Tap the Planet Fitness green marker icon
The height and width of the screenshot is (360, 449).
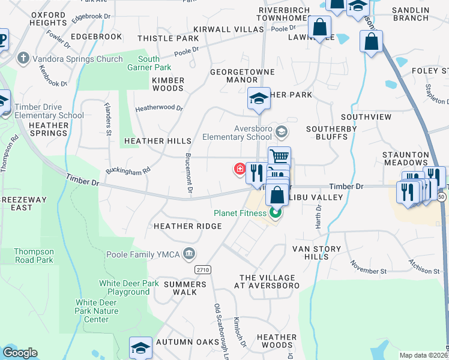tap(276, 213)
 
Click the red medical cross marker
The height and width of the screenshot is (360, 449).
tap(240, 169)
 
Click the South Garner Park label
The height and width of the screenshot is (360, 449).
tap(148, 63)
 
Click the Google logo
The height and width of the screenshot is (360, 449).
tap(20, 353)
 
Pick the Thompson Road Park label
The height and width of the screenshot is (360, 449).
tap(34, 256)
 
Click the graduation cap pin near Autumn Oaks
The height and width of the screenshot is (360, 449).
tap(140, 347)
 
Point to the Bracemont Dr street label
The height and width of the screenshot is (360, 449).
tap(188, 173)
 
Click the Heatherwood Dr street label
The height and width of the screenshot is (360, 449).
tap(159, 108)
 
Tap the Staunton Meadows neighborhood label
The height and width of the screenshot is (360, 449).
tap(406, 158)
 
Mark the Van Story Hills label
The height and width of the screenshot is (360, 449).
tap(316, 253)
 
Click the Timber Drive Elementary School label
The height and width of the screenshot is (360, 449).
tap(49, 111)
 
